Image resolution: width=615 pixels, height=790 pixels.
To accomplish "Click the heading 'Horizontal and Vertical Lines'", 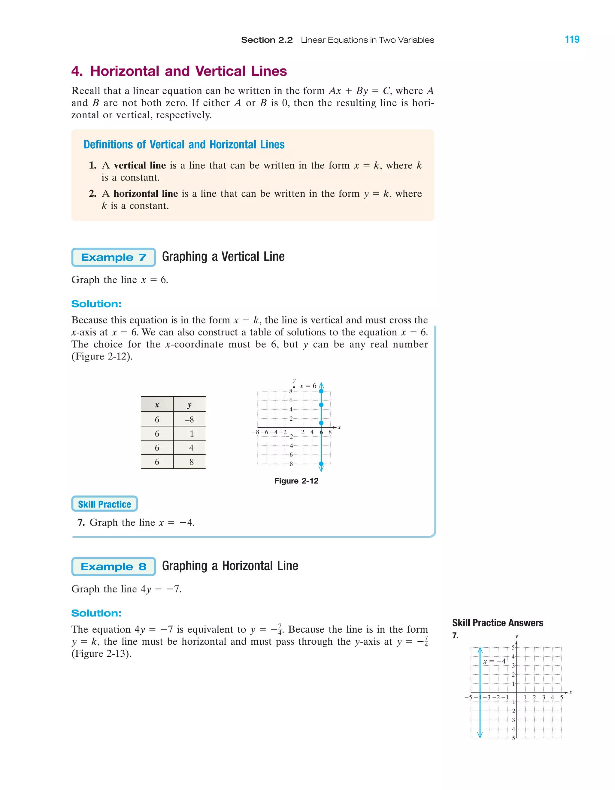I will click(x=188, y=71).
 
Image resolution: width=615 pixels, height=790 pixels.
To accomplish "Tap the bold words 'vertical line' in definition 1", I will click(x=140, y=165).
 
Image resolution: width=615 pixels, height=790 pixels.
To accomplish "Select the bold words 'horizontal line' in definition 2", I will click(x=145, y=193).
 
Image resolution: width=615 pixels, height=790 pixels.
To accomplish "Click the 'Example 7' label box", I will click(x=114, y=257).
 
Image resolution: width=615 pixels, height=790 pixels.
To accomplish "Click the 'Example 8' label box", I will click(x=114, y=567).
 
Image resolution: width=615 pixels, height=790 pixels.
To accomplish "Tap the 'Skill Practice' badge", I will click(x=105, y=504).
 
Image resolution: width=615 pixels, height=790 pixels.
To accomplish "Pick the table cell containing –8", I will click(x=189, y=419).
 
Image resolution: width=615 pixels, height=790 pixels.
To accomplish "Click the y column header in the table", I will click(x=189, y=405).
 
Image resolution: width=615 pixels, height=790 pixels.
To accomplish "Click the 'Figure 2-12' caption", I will click(x=296, y=481).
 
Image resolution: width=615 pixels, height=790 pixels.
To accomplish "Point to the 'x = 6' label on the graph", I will click(x=308, y=386).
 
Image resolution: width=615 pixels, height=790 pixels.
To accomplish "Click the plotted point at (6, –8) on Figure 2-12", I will click(x=321, y=464).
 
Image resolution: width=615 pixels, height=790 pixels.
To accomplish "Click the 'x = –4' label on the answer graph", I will click(x=494, y=661).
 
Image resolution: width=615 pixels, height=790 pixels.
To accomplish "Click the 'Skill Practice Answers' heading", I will click(x=497, y=623).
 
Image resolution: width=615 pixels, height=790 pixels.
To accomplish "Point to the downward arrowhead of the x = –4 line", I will click(x=480, y=735).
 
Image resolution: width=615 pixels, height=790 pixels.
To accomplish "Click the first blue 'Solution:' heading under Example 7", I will click(x=96, y=304).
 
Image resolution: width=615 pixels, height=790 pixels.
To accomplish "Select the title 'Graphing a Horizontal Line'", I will click(x=230, y=566).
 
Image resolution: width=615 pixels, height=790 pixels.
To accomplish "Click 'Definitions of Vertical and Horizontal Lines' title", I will click(x=184, y=145).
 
